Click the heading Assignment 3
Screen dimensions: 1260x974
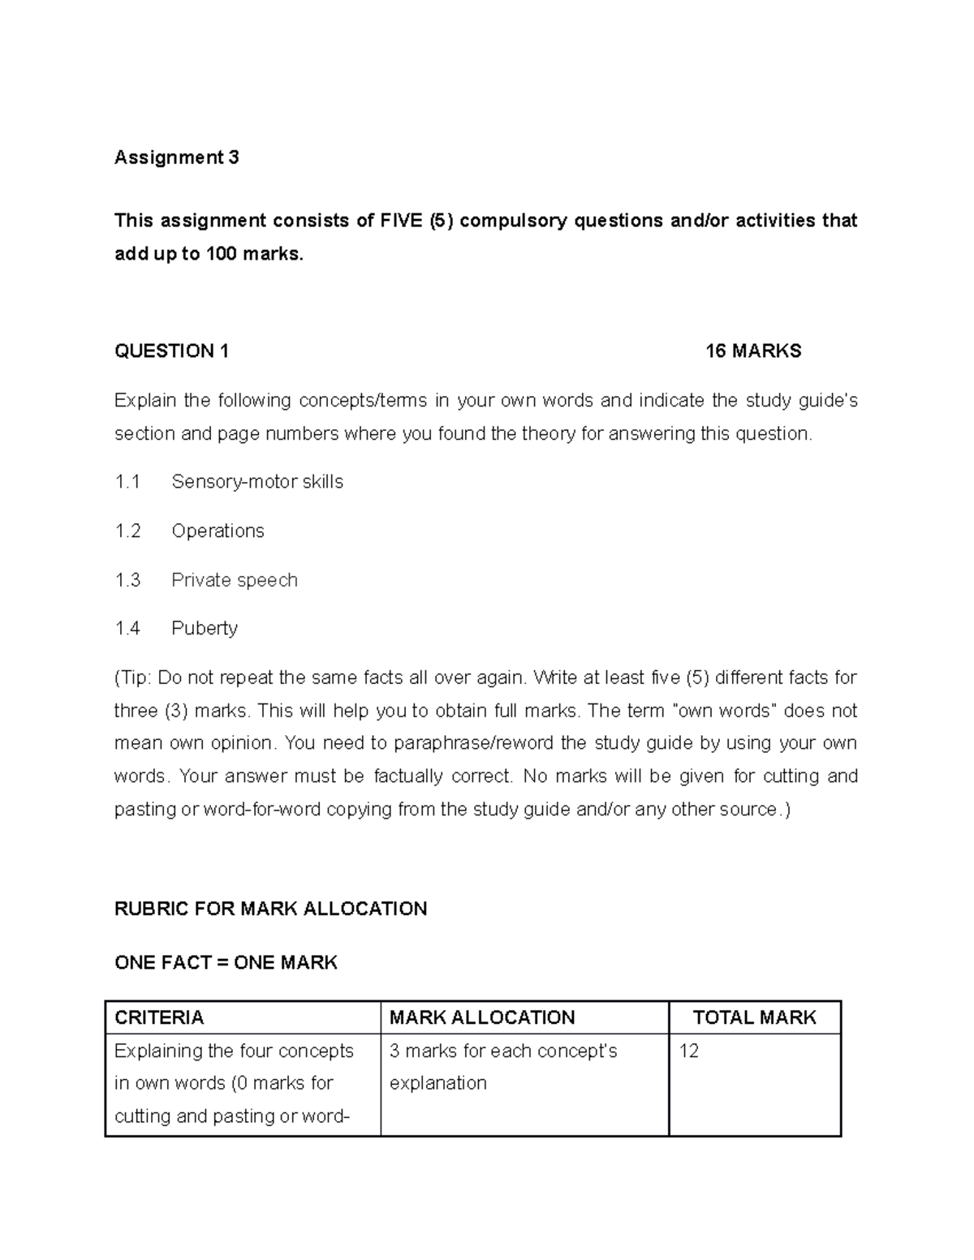click(x=176, y=157)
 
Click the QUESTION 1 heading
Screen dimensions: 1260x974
click(x=171, y=351)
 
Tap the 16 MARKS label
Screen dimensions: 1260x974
click(x=752, y=351)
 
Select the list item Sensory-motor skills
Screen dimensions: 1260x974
click(x=257, y=482)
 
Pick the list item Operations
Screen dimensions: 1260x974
click(x=218, y=531)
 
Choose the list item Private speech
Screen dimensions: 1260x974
click(x=235, y=580)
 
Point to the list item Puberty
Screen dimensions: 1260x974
click(x=205, y=629)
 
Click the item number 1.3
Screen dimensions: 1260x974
click(x=127, y=580)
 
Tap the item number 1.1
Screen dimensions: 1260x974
click(x=127, y=482)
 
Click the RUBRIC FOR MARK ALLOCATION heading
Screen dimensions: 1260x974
click(x=270, y=909)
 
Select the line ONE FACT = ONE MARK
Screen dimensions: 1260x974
click(x=226, y=963)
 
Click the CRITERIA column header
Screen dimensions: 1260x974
click(x=159, y=1017)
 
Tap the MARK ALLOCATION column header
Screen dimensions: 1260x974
click(x=482, y=1017)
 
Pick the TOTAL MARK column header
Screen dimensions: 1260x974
click(x=754, y=1017)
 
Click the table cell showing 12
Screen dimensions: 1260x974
click(x=689, y=1051)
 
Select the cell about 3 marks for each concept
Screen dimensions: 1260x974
click(x=503, y=1067)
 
